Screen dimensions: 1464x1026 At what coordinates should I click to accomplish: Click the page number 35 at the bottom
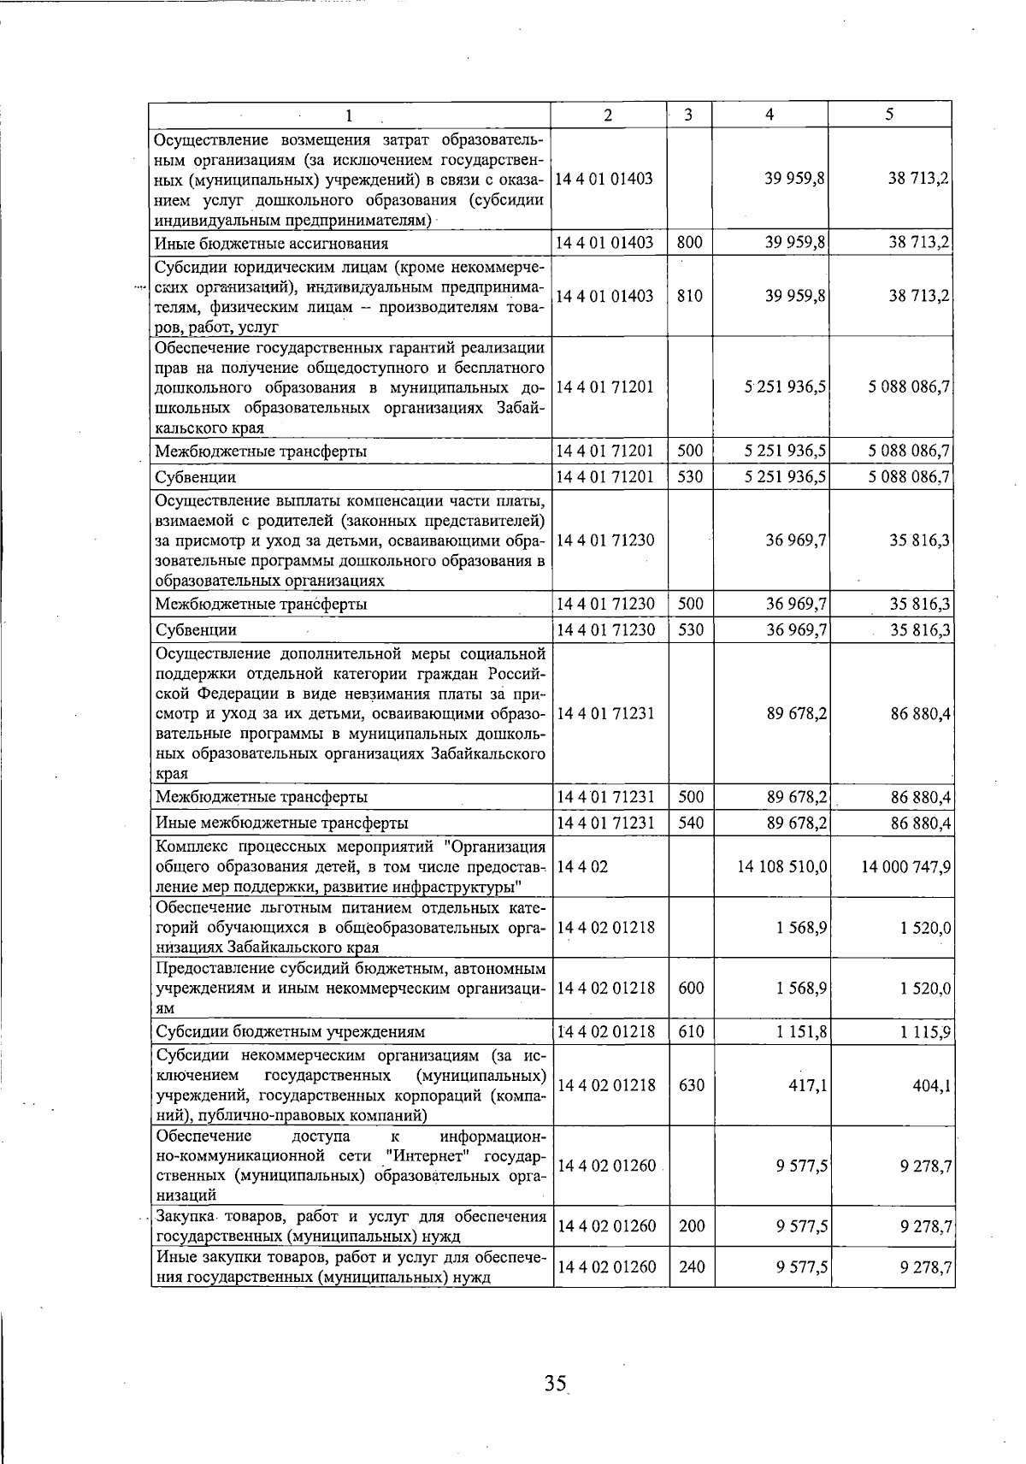[x=555, y=1383]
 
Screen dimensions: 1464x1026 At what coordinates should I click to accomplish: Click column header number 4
[x=769, y=115]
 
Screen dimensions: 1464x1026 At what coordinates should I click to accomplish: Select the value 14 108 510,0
[x=782, y=866]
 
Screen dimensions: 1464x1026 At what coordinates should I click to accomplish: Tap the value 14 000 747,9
[x=906, y=866]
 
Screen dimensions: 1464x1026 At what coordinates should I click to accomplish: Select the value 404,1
[x=934, y=1085]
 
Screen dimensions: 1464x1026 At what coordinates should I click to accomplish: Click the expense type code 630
[x=691, y=1085]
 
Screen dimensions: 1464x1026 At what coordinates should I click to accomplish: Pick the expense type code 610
[x=691, y=1032]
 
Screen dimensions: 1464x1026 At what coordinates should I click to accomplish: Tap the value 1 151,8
[x=802, y=1032]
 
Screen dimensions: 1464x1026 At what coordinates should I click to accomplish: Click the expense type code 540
[x=691, y=823]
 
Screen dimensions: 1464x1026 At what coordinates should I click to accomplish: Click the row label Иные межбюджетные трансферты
[x=281, y=823]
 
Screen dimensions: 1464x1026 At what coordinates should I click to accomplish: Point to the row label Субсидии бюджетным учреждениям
[x=290, y=1032]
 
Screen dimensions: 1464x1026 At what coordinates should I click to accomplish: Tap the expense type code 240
[x=691, y=1266]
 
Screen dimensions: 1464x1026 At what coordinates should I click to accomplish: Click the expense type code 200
[x=691, y=1226]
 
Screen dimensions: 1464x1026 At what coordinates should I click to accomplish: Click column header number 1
[x=349, y=115]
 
